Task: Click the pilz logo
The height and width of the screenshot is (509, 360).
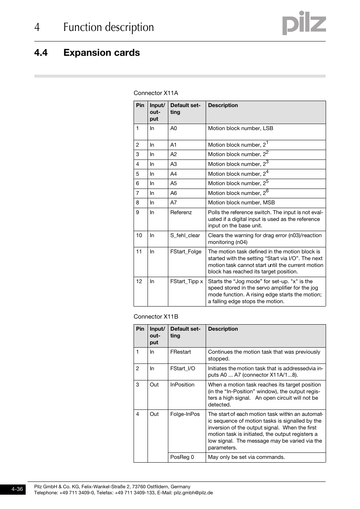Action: pos(304,23)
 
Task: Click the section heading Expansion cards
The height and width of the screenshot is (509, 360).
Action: pos(102,53)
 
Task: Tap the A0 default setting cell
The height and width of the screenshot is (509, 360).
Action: pos(174,129)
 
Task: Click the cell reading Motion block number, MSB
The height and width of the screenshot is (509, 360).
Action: pos(241,203)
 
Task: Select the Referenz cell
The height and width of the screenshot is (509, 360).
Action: pos(181,213)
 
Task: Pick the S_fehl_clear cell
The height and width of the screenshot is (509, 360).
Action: pos(185,236)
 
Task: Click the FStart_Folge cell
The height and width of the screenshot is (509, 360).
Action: pos(186,252)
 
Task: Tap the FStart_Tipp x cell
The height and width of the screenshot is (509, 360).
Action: pos(186,282)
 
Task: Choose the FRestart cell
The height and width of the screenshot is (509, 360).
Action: pos(180,352)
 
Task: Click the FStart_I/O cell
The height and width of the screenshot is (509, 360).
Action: pos(183,369)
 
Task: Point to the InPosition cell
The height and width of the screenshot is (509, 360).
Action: pos(182,385)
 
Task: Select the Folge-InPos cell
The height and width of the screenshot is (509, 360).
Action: pos(185,414)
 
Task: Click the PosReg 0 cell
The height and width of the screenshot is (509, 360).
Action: pos(182,457)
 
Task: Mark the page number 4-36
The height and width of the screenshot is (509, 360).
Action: pos(17,489)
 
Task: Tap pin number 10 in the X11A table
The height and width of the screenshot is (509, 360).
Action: pos(139,236)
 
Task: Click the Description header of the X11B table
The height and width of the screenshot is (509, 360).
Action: pos(223,329)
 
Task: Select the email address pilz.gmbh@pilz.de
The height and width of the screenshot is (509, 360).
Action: pos(193,493)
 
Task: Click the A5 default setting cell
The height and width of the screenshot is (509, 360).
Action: pos(174,184)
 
